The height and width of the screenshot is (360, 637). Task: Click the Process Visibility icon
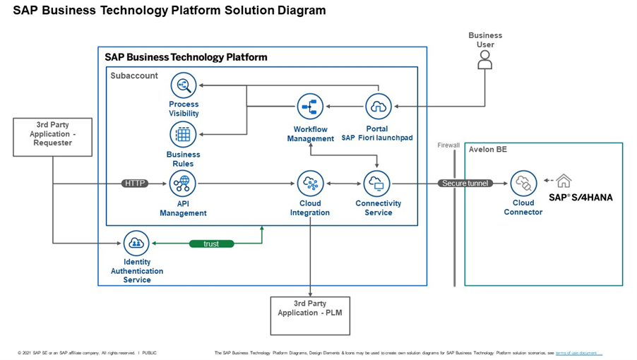tap(184, 85)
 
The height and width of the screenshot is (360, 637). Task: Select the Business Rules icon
tap(184, 134)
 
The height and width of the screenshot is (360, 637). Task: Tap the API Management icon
tap(184, 184)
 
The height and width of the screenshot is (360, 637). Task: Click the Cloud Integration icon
tap(310, 184)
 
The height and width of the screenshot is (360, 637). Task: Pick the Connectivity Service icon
tap(377, 184)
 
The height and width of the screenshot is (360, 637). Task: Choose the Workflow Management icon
tap(310, 107)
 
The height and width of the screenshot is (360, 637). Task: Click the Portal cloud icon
tap(378, 107)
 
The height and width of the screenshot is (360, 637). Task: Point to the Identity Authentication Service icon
tap(136, 244)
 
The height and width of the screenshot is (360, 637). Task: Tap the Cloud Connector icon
tap(523, 184)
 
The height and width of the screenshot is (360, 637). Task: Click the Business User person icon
tap(484, 61)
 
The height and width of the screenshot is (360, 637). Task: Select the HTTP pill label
tap(135, 184)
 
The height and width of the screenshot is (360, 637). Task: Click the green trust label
tap(211, 244)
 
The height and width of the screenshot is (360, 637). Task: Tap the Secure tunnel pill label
tap(465, 184)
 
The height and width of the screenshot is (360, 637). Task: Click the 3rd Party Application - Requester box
tap(53, 137)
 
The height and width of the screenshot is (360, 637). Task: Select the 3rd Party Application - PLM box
tap(310, 315)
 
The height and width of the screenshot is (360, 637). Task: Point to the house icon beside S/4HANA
tap(564, 180)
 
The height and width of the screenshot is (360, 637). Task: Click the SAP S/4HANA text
tap(581, 198)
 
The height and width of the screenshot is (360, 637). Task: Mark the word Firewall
tap(448, 145)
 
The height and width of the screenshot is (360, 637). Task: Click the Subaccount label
tap(134, 76)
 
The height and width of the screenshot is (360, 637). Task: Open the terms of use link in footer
tap(578, 352)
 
